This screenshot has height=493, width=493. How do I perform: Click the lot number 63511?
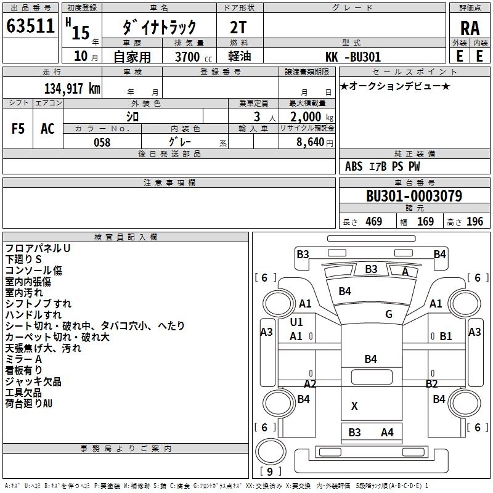point(30,26)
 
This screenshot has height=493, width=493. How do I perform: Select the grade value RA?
point(470,28)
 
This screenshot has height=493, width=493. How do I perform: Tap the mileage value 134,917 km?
point(72,89)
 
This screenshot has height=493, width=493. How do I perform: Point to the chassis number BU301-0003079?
point(414,196)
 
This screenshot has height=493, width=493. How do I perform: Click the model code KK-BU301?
point(353,57)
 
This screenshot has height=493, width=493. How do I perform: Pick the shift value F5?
point(18,129)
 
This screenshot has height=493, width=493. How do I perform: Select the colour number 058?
point(102,142)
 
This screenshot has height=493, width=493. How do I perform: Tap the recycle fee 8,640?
point(311,142)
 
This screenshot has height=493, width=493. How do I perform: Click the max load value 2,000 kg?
point(312,117)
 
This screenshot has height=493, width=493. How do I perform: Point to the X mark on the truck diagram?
point(354,406)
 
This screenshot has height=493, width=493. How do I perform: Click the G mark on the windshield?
point(389,314)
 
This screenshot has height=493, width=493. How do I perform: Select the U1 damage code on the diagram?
point(296,322)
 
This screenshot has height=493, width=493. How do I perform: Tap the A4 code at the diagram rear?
point(387,433)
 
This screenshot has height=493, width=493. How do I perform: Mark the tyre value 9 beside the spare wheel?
point(270,471)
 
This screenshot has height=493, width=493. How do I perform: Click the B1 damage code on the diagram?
point(446,336)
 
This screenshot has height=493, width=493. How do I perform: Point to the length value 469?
point(374,222)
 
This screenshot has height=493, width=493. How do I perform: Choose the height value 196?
point(475,222)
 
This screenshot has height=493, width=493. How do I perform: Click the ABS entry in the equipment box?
point(354,166)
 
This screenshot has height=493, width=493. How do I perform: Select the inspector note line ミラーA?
point(23,359)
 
